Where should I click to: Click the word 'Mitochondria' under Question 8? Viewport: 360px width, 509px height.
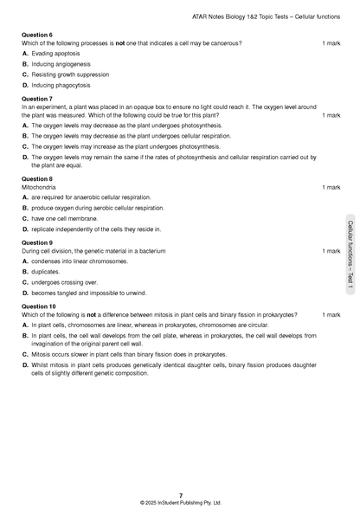click(38, 187)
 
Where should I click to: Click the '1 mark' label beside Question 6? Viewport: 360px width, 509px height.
click(331, 43)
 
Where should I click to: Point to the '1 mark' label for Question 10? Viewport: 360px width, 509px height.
click(331, 314)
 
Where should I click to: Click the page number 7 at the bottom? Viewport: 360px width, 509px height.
click(180, 495)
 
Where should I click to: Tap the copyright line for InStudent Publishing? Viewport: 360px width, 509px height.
click(180, 502)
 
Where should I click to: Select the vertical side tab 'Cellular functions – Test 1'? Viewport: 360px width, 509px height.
click(350, 260)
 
